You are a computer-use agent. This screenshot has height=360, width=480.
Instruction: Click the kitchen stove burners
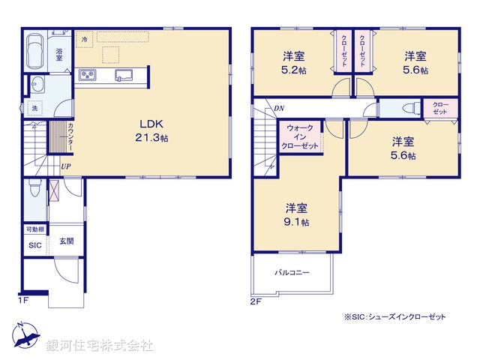pyautogui.click(x=88, y=74)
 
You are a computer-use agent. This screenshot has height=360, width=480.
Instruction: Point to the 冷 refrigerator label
pyautogui.click(x=85, y=39)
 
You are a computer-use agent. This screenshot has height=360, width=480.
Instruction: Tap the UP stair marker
pyautogui.click(x=66, y=166)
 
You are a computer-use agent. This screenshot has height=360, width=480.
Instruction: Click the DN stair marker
pyautogui.click(x=278, y=109)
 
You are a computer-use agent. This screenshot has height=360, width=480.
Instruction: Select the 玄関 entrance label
pyautogui.click(x=66, y=241)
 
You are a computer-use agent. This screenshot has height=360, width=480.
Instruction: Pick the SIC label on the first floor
pyautogui.click(x=35, y=245)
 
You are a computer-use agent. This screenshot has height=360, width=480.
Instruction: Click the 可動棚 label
pyautogui.click(x=34, y=229)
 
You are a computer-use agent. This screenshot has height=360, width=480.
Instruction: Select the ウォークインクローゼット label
pyautogui.click(x=300, y=137)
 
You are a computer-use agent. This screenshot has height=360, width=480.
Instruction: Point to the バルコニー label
pyautogui.click(x=292, y=272)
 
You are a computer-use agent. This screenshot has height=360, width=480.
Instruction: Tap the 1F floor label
pyautogui.click(x=24, y=301)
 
